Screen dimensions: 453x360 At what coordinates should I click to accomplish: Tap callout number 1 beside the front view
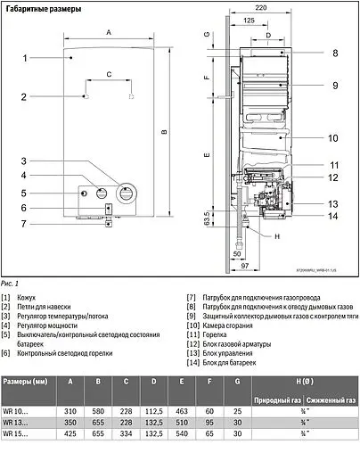coord(26,58)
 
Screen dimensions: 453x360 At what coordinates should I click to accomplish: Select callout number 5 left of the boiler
coord(26,193)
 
